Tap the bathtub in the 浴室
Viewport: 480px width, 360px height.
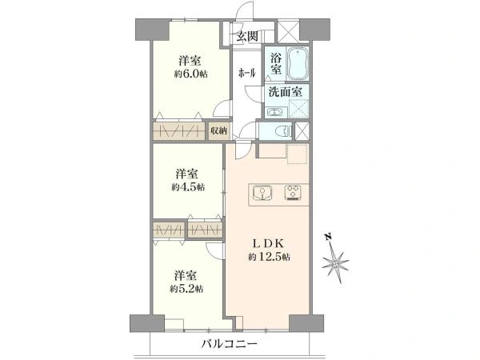[x=298, y=64]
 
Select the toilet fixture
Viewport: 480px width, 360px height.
[x=282, y=132]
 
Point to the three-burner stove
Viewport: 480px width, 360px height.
[x=293, y=193]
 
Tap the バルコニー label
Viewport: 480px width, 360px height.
[x=229, y=344]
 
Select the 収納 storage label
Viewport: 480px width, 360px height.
[x=218, y=131]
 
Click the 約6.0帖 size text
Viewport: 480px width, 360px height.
[x=190, y=74]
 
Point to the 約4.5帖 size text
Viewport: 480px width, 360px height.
[x=188, y=187]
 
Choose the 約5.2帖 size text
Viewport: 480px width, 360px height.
[x=186, y=289]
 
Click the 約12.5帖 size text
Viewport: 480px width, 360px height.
[x=269, y=257]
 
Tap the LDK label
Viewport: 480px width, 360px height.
[x=269, y=243]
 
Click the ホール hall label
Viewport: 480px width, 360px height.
[x=246, y=73]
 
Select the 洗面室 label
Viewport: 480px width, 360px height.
[x=286, y=91]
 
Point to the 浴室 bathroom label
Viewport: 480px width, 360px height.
[x=276, y=64]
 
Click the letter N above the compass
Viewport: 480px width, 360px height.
[x=329, y=237]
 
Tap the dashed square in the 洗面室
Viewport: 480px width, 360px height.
[x=298, y=108]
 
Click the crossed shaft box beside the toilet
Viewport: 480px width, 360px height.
[x=302, y=131]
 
